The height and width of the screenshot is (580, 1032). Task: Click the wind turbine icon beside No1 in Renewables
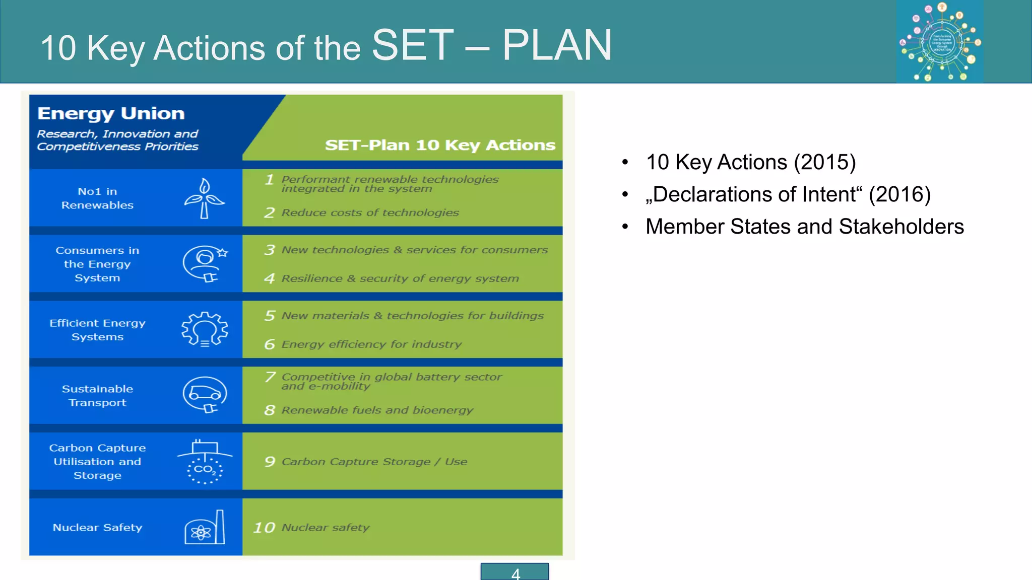(204, 198)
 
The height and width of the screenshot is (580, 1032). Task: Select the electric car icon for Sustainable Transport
(205, 395)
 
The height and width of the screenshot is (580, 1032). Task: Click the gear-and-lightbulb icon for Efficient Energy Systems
(205, 329)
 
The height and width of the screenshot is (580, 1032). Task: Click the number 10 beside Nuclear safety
(264, 528)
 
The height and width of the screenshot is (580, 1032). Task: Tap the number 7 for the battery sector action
(270, 377)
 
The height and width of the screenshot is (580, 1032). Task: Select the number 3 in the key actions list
(270, 250)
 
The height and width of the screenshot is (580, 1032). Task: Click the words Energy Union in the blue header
(111, 114)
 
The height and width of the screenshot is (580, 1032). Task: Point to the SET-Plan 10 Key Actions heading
(439, 145)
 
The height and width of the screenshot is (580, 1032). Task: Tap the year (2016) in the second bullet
(899, 195)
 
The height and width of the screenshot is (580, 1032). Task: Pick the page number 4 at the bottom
(515, 573)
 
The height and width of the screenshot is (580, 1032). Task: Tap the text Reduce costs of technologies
(370, 213)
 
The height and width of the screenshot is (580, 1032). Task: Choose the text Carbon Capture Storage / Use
(374, 462)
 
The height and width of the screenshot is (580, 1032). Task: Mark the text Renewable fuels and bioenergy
(377, 410)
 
